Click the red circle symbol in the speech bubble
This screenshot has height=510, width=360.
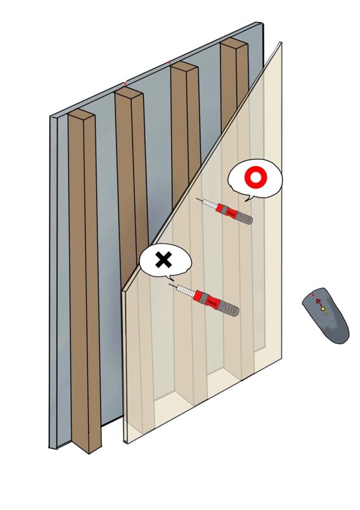[255, 179]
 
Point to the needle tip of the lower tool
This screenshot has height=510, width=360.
[170, 285]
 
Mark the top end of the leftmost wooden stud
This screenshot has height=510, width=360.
[80, 115]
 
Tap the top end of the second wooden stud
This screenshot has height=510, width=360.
[127, 94]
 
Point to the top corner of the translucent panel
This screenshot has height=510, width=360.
[280, 43]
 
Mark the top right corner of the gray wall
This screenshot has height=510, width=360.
[261, 23]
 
